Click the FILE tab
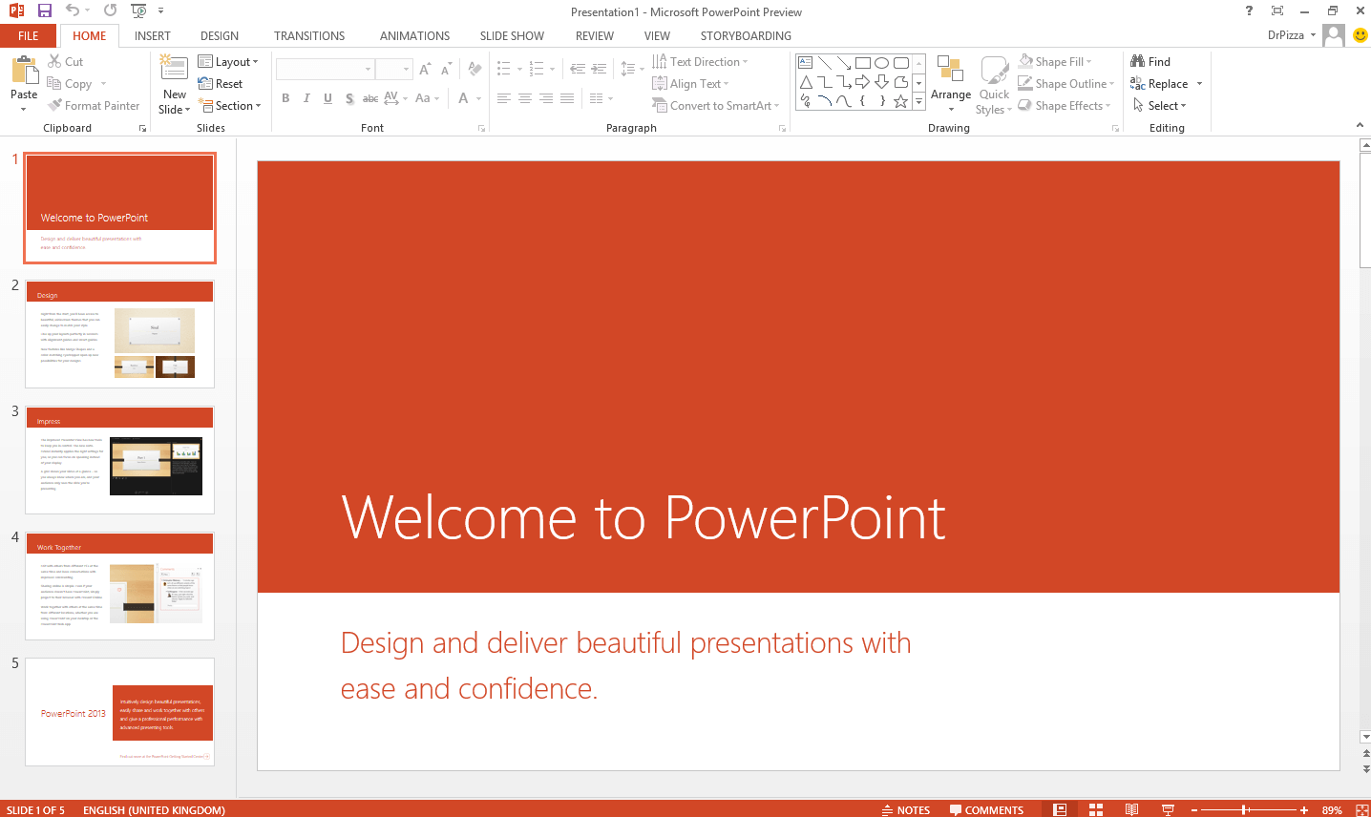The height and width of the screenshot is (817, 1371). click(29, 36)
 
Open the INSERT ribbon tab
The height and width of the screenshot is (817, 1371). click(153, 36)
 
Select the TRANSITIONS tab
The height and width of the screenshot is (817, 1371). click(309, 36)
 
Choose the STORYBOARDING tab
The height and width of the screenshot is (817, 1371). click(746, 36)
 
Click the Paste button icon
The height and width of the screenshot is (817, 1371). click(24, 72)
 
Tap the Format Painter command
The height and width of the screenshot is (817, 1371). click(95, 106)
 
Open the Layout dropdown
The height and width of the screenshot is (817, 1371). click(228, 62)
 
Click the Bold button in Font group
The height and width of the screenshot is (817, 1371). click(285, 98)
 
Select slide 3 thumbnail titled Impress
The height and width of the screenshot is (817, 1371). click(119, 460)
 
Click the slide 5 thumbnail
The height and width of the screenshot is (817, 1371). click(119, 712)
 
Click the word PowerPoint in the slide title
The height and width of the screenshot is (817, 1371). click(805, 518)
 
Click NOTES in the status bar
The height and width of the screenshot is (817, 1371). click(906, 810)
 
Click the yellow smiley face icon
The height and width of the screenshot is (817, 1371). click(1360, 35)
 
